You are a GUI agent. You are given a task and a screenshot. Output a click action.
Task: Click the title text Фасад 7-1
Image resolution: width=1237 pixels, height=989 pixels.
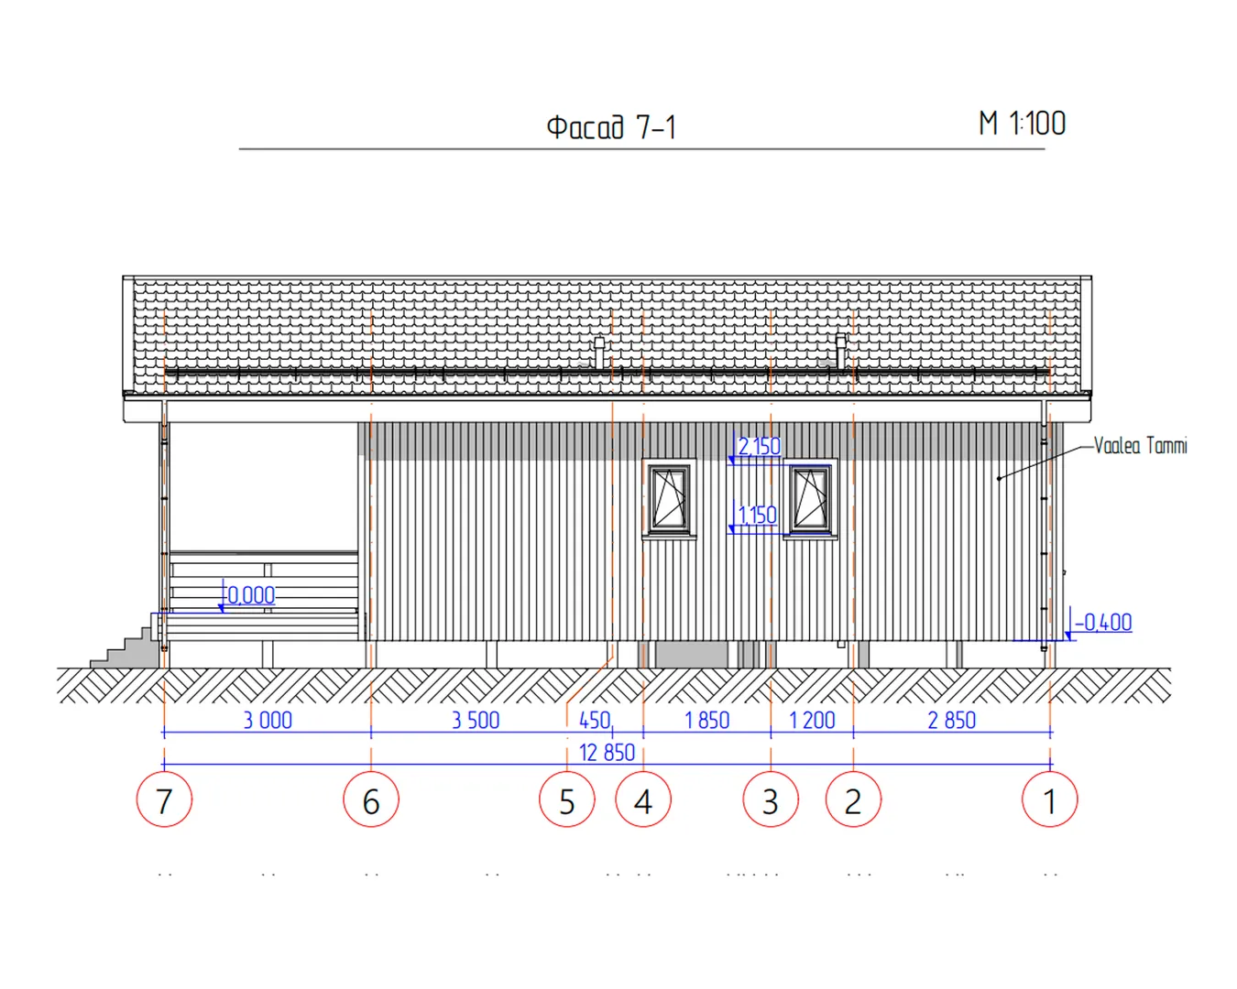coord(611,127)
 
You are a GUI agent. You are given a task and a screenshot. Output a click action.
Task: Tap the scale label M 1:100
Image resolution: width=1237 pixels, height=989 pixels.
coord(1022,124)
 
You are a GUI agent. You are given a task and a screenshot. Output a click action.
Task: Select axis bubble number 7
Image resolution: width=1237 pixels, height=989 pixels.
coord(164,799)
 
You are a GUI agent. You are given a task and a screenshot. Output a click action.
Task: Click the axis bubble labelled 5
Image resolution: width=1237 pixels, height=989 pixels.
coord(567,799)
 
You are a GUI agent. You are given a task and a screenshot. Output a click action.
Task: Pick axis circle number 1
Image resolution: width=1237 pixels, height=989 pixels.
coord(1049,799)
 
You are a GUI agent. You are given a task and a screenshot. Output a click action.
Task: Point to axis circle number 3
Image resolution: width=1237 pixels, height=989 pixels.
coord(771,799)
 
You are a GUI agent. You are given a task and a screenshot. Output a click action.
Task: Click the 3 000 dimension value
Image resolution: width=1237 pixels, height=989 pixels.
coord(268,720)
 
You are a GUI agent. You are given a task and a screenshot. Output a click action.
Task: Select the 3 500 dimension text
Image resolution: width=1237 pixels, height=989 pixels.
coord(476,720)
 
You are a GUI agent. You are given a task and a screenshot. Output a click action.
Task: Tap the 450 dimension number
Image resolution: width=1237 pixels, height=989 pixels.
coord(595,720)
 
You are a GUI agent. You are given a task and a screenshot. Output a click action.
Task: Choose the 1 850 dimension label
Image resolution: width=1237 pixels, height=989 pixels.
coord(707,720)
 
